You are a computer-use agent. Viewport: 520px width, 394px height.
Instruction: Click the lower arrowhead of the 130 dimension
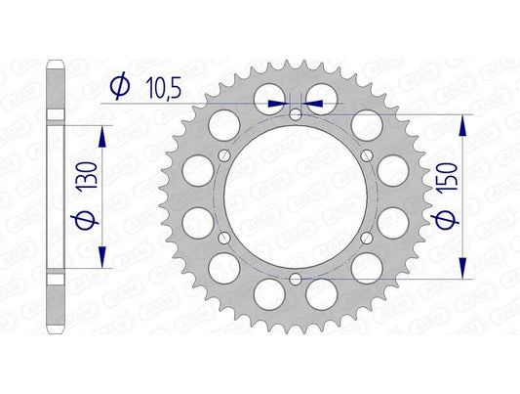[100, 262]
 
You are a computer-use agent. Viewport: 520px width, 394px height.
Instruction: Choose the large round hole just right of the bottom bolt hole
[322, 292]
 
